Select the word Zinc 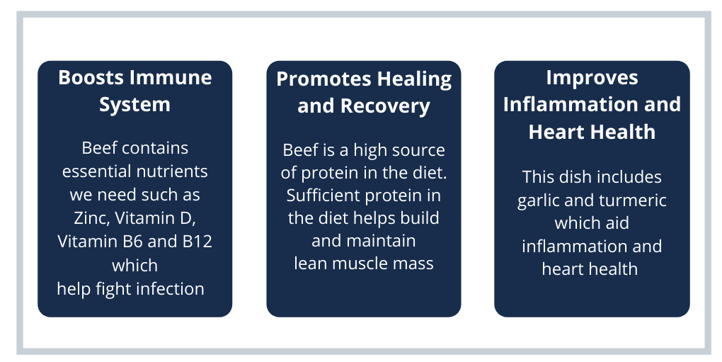88,217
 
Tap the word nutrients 173,171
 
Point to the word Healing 414,79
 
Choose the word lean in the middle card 309,264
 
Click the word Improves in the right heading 592,77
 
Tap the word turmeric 631,200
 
